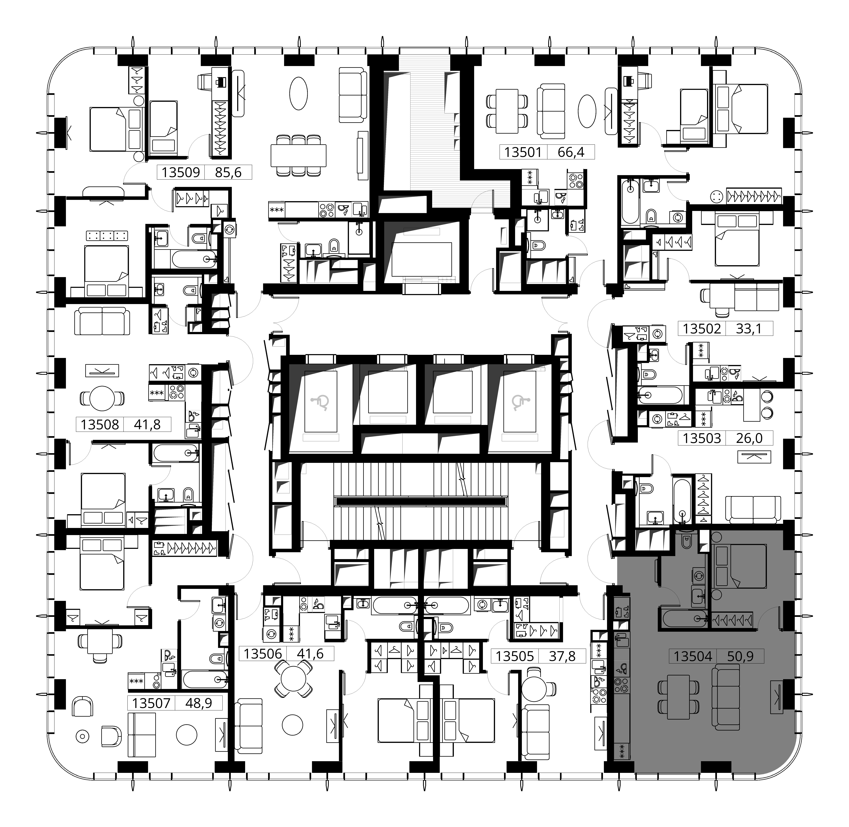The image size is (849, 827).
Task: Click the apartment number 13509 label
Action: point(181,172)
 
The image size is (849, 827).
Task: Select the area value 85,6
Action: point(228,172)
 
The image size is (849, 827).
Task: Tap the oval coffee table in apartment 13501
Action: point(587,111)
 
